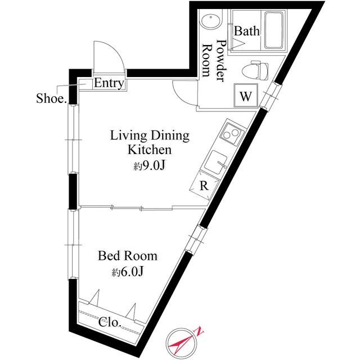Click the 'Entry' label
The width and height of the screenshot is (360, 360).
pos(109,83)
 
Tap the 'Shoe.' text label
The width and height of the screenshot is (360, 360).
pos(52,99)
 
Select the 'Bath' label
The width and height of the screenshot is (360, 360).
pos(247,31)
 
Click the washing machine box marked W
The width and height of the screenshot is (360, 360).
pos(246,96)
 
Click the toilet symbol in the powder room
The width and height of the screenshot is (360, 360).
pos(253,71)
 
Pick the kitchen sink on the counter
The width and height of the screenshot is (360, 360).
pos(215,163)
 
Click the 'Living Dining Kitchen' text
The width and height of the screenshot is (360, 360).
pos(149,143)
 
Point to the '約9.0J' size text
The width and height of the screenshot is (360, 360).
pos(149,166)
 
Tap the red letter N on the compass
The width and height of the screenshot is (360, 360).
pos(200,332)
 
